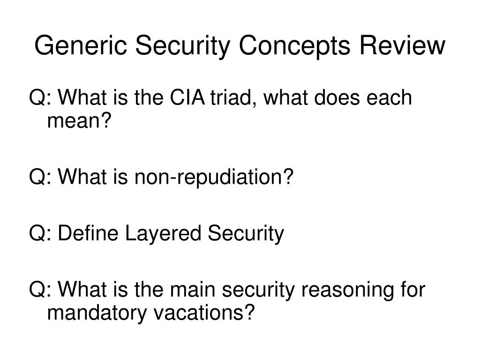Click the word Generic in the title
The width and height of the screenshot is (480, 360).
pos(81,45)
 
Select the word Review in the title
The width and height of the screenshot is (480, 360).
pos(402,45)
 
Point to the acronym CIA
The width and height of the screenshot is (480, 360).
pos(187,97)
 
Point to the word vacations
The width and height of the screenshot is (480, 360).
pos(199,313)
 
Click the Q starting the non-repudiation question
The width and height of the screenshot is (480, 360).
pos(37,177)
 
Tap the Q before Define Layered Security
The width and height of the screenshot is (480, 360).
pos(37,233)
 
